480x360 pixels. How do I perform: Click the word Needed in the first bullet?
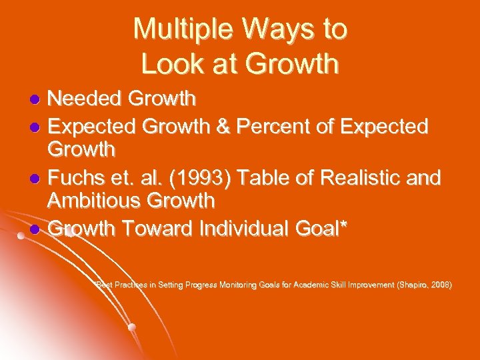tap(85, 99)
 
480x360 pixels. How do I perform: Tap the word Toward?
tap(157, 229)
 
